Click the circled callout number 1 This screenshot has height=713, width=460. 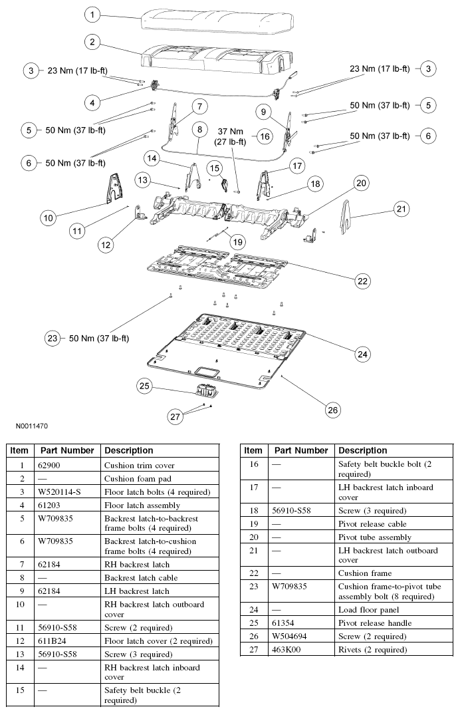click(94, 13)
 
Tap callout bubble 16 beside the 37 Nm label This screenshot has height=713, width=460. click(265, 136)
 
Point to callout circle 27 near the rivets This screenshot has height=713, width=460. click(175, 417)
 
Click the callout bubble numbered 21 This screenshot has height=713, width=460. click(401, 210)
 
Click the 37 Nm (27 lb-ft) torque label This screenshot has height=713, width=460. click(229, 136)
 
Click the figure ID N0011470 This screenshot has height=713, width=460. click(29, 424)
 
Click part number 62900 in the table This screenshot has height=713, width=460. click(51, 466)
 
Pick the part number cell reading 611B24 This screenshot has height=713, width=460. click(53, 641)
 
